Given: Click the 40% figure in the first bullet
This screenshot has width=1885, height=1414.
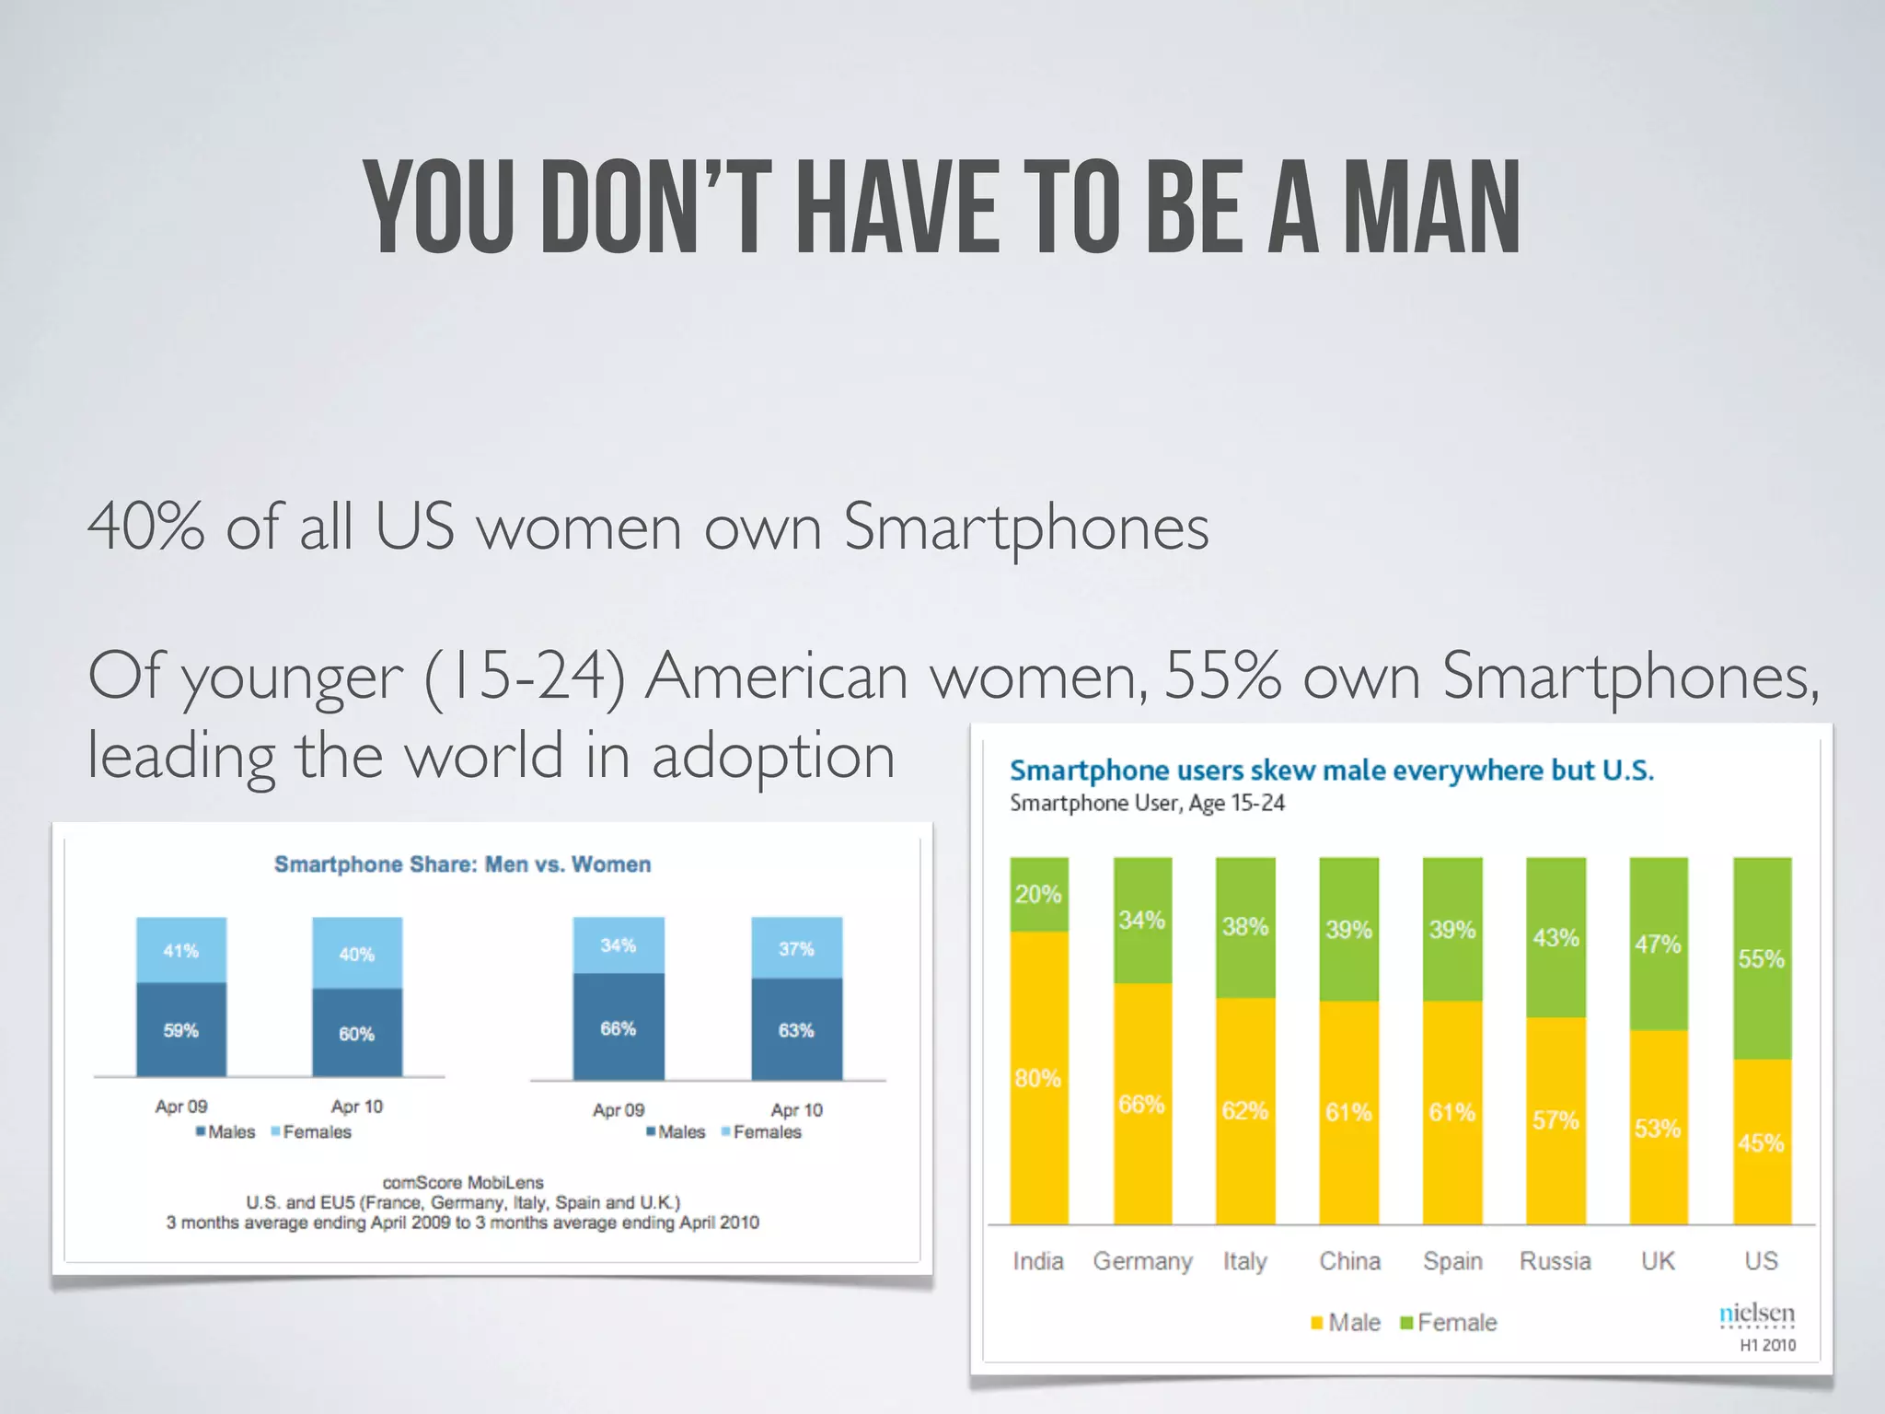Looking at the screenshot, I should pos(145,527).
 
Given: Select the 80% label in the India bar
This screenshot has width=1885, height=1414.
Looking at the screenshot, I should pos(1037,1078).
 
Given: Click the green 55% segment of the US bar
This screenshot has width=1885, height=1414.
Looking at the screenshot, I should pos(1762,958).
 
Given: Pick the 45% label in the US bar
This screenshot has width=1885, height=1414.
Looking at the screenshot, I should pos(1761,1143).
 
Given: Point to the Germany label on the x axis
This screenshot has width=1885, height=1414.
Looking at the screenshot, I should pos(1142,1261).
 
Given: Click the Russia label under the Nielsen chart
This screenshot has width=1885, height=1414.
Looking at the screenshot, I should pos(1555,1261).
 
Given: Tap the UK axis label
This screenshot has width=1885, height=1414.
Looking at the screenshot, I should pos(1658,1261).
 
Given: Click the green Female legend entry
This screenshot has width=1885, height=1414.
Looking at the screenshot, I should pos(1449,1323).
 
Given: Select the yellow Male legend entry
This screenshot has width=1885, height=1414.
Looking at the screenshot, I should pos(1346,1323).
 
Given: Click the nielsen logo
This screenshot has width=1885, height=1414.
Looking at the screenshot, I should pos(1757,1314).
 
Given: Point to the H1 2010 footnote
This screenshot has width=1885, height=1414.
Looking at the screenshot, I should pos(1767,1345).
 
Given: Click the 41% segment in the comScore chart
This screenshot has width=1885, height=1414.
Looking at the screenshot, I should pos(181,951).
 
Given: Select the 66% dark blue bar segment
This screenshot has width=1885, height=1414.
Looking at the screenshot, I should pos(619,1028).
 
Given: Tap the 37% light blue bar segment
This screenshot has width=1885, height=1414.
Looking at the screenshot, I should pos(796,949).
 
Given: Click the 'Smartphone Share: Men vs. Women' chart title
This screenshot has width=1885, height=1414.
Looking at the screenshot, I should pos(462,864).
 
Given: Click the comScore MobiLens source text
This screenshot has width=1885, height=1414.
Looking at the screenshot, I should pos(463,1182).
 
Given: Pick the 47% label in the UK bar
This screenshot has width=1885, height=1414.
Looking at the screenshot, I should pos(1658,945).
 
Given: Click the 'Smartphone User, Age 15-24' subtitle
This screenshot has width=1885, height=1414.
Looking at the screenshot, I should pos(1147,804).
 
